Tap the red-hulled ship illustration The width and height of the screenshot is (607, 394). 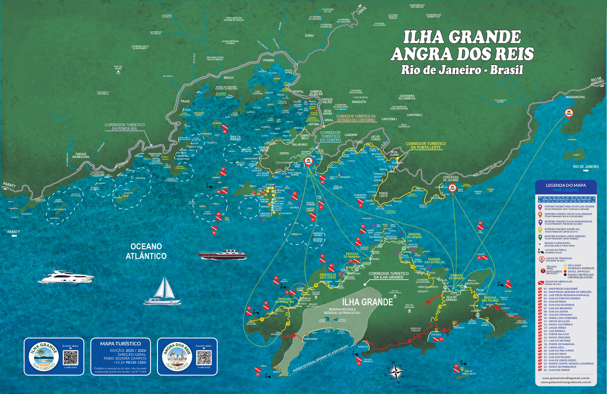point(222,254)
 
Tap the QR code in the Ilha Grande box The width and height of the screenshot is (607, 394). point(70,358)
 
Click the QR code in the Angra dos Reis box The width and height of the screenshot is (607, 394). point(204,358)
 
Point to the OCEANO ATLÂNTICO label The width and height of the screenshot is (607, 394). point(146,251)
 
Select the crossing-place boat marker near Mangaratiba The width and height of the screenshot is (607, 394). point(569,113)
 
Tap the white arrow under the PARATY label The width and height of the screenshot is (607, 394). point(14,236)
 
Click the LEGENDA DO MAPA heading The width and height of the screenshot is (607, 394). point(566,185)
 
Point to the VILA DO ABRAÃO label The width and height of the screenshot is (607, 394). point(451,298)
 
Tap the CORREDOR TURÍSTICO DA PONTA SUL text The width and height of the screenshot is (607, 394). point(124,127)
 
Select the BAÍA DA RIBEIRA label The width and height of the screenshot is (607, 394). point(235,138)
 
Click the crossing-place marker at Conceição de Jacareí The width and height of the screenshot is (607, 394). point(452,188)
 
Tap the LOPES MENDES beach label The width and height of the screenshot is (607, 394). point(485,324)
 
